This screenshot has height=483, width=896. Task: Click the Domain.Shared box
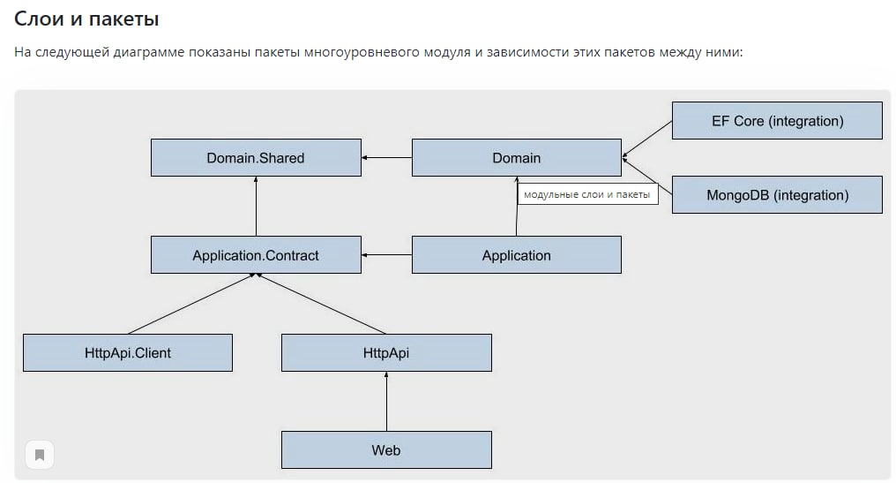click(x=256, y=157)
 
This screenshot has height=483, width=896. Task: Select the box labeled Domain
click(x=517, y=157)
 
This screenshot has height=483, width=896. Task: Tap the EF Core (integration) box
click(x=777, y=121)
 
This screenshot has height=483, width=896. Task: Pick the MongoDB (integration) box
click(x=777, y=194)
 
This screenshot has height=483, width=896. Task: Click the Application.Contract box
click(x=256, y=254)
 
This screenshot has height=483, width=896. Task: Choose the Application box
click(x=517, y=254)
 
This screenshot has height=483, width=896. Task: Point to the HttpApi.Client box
click(x=128, y=352)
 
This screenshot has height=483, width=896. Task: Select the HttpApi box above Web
click(x=386, y=352)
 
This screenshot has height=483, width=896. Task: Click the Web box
click(x=386, y=449)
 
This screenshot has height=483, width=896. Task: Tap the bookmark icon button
click(x=40, y=455)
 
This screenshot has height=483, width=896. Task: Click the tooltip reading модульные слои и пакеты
click(x=587, y=194)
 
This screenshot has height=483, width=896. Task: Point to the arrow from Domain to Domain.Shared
click(x=387, y=157)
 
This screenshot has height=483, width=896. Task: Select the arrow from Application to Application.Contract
click(x=387, y=254)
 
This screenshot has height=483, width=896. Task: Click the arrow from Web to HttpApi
click(x=386, y=401)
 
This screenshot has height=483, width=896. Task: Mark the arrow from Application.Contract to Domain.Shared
click(x=256, y=206)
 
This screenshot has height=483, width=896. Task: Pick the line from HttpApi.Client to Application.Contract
click(x=191, y=303)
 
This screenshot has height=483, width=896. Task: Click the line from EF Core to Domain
click(x=646, y=139)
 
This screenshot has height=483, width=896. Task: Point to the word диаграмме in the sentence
click(x=148, y=52)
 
